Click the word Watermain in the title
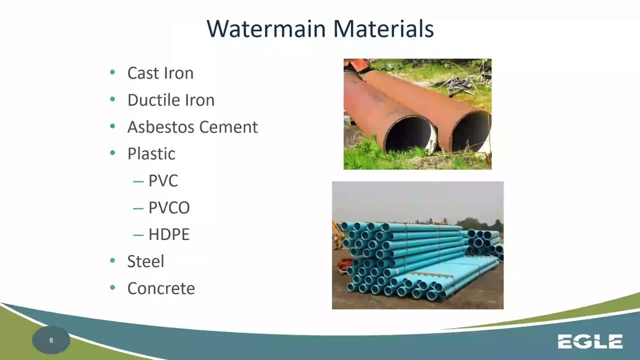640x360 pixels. coord(266,28)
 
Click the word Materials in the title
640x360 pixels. coord(383,28)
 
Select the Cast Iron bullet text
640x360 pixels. coord(160,73)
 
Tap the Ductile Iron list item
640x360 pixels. coord(170,100)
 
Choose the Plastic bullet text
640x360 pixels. coord(151,154)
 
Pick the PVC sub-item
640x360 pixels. coord(163,181)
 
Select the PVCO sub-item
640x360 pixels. coord(169,208)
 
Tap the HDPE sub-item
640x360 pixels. coord(169,235)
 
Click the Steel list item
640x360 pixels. coord(145,261)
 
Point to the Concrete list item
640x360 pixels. coord(161,288)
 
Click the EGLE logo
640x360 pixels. coord(590,342)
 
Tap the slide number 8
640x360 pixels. coord(51,340)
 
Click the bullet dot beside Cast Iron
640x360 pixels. coord(112,73)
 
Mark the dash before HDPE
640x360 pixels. coord(138,235)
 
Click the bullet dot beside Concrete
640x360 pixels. coord(112,288)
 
